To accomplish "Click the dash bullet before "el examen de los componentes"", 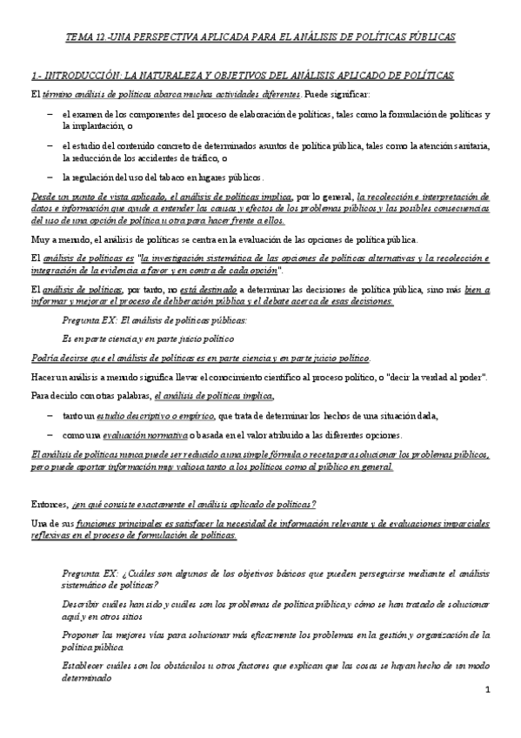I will click(50, 114).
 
